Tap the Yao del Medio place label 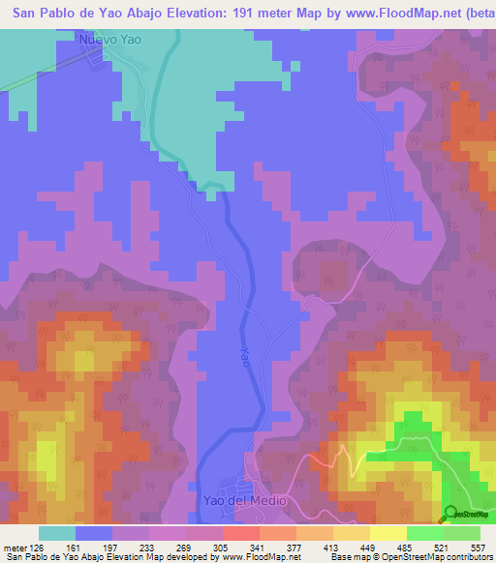[245, 500]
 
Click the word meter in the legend [15, 547]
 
